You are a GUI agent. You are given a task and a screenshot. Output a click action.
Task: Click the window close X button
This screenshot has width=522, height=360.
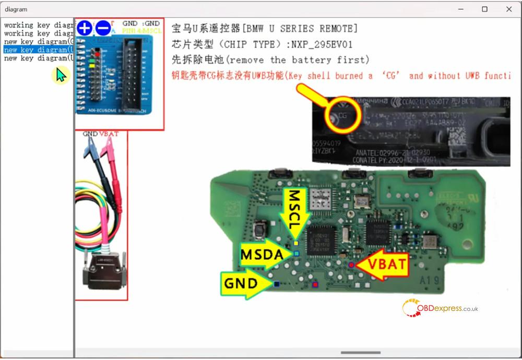[509, 9]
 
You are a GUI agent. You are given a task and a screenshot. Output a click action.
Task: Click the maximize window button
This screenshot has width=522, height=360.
[485, 9]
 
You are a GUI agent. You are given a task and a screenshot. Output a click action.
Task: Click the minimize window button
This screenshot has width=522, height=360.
[461, 9]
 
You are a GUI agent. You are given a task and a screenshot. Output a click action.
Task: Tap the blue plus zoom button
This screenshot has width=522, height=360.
[85, 28]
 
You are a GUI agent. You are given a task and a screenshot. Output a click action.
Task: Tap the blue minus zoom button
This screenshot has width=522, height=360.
[103, 28]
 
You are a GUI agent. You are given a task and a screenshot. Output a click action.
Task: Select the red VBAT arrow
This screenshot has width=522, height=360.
[384, 265]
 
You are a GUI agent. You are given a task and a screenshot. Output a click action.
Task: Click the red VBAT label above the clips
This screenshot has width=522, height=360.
[109, 134]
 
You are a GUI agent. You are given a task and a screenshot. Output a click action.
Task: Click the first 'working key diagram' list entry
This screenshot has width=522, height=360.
[38, 25]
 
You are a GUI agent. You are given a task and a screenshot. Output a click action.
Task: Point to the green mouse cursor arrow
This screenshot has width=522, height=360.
[61, 75]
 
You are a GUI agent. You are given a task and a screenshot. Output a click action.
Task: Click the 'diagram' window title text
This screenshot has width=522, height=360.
[16, 9]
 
